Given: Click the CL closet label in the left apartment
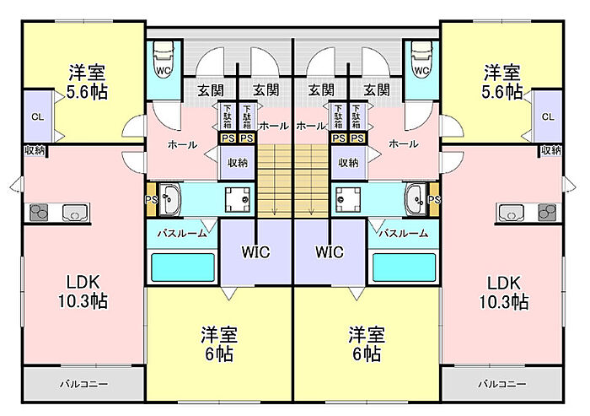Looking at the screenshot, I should (38, 116).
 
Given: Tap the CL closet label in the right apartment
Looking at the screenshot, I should (548, 116).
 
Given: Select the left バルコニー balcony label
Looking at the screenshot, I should (83, 384).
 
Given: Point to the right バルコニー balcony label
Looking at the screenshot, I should (502, 384).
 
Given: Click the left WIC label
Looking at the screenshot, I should (255, 251).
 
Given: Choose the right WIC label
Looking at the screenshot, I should (330, 251).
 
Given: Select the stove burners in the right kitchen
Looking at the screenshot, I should (546, 212).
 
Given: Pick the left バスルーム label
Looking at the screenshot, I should (180, 233).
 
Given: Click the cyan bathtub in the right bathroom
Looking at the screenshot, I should (404, 267).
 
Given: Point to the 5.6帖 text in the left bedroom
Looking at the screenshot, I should (87, 93).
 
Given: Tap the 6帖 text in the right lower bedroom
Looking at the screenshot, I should (366, 354).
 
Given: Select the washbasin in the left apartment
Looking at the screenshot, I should (170, 200).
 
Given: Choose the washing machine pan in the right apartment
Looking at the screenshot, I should (349, 199).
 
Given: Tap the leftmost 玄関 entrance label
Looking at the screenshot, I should (211, 89).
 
